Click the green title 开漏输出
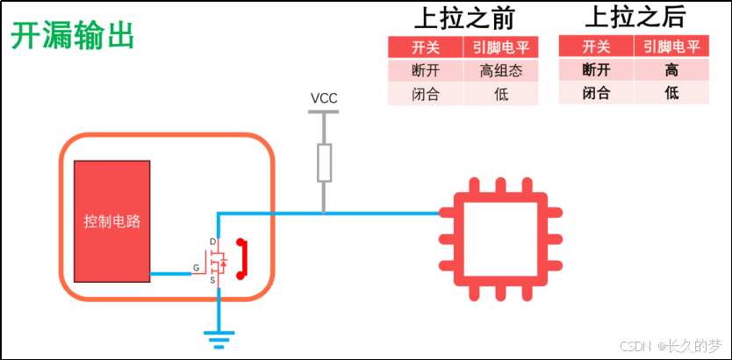click(73, 36)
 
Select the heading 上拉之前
click(464, 18)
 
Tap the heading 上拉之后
click(635, 18)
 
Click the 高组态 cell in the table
click(501, 70)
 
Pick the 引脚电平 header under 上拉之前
click(501, 47)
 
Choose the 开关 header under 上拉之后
click(596, 47)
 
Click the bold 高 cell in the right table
click(671, 70)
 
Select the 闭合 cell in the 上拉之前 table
click(426, 94)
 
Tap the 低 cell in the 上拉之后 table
click(671, 93)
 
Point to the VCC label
click(324, 98)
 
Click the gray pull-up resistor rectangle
click(324, 162)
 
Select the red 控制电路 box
click(112, 221)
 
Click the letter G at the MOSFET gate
click(196, 268)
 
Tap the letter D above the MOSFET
click(213, 241)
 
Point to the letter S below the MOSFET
click(212, 280)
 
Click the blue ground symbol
click(219, 340)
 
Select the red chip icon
click(501, 239)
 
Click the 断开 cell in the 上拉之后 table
click(596, 70)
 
